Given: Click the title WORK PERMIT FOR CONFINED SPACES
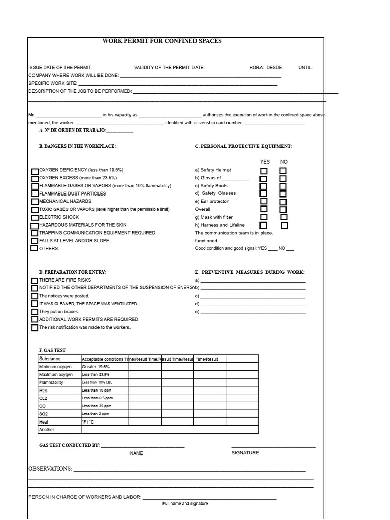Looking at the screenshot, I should [162, 41].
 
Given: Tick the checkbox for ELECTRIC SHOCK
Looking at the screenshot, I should [35, 217].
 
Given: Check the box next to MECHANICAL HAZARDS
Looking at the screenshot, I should [35, 202].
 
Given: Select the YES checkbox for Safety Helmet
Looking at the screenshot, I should [264, 171].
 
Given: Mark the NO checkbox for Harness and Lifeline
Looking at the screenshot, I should [284, 225].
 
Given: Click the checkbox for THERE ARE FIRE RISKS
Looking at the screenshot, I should [35, 280].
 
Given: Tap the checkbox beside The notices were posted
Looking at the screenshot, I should [35, 296].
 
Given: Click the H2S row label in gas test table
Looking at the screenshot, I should [43, 391].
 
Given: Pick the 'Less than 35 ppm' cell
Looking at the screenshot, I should [96, 406].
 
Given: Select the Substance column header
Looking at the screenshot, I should [49, 359].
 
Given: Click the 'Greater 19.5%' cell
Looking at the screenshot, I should [95, 367].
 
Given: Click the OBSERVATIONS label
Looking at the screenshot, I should [50, 468].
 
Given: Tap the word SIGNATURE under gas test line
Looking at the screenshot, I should [245, 453].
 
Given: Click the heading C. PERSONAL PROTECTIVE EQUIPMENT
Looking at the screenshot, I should [243, 146].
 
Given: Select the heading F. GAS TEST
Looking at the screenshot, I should [52, 350].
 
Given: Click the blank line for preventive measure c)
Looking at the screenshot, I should [253, 296].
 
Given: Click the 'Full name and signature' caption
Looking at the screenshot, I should [185, 503].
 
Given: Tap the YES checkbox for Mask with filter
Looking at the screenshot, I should [264, 217].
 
